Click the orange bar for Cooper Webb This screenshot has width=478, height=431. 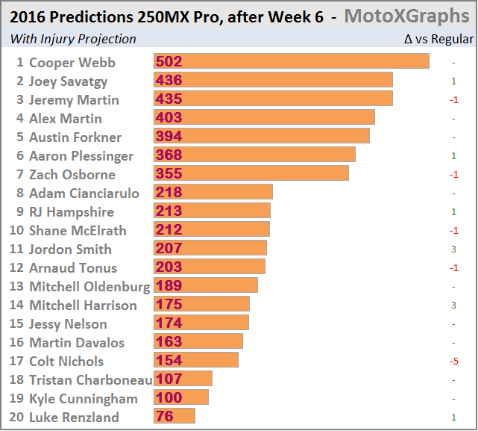coord(291,61)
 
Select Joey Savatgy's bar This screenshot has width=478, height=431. coord(273,80)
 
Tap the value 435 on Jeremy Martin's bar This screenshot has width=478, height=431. coord(168,99)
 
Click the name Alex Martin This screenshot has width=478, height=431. coord(65,118)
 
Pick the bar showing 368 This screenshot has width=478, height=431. coord(254,155)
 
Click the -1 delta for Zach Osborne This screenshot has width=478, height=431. coord(453,175)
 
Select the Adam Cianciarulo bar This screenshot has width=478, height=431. coord(213,192)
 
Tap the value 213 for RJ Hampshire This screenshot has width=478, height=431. coord(168,211)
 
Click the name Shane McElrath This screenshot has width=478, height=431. coord(78,231)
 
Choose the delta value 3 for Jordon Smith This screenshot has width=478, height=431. coord(453,249)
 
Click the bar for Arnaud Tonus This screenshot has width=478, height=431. coord(209,267)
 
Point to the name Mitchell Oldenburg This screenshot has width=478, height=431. coord(89,287)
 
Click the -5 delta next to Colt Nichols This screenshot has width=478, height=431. coord(453,362)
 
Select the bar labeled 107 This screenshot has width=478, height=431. coord(183,379)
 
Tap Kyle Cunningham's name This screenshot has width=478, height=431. coord(83,399)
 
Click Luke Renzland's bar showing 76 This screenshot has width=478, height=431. coord(174,416)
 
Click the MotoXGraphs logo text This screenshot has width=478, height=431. coord(407,16)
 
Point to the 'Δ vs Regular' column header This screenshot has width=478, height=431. coord(438,39)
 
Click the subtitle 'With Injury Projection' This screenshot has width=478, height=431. coord(73,39)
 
